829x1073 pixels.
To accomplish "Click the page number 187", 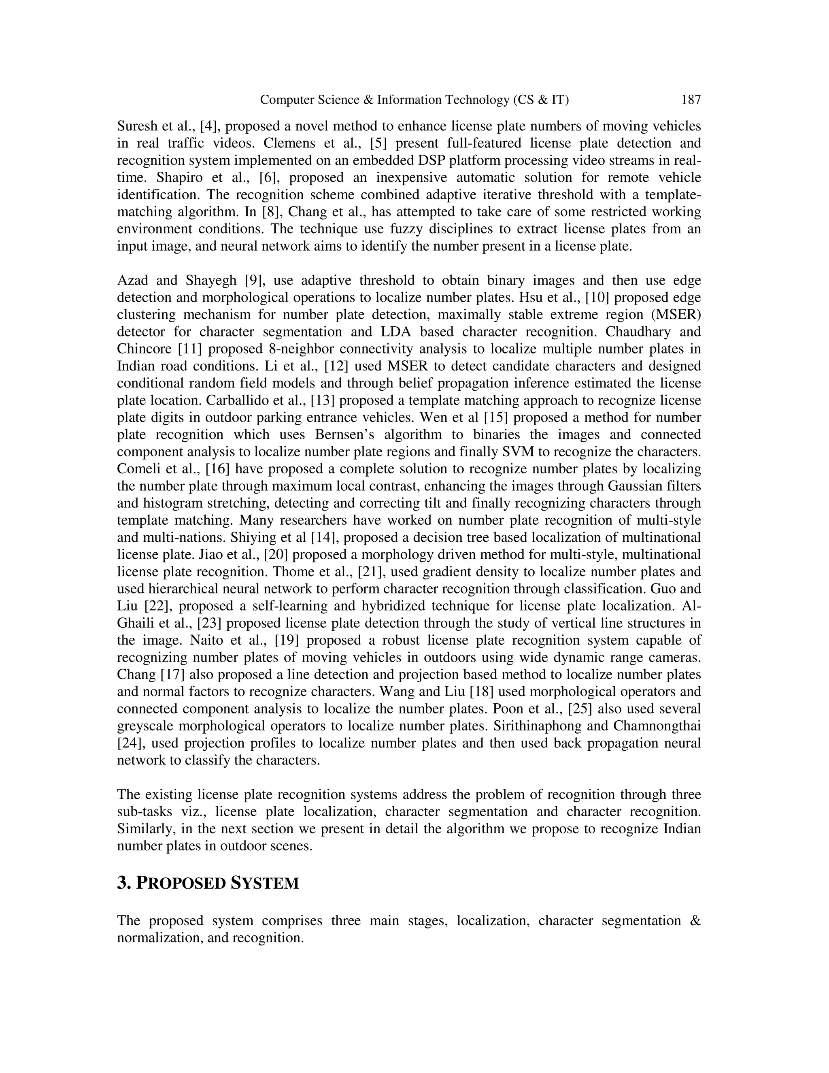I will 691,100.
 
